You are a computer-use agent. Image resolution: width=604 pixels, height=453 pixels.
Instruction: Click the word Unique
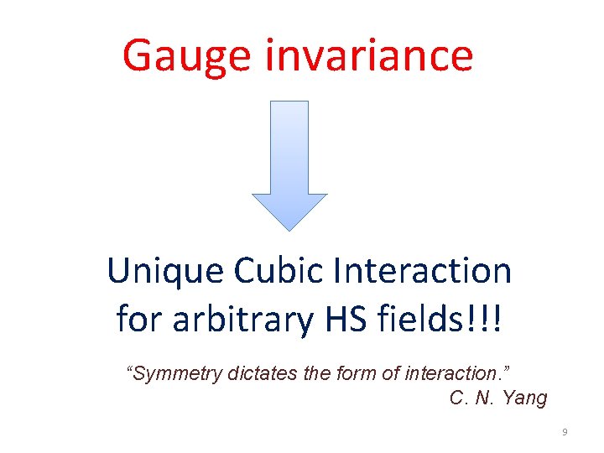[164, 272]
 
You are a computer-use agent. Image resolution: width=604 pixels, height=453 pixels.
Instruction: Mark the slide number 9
[565, 432]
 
